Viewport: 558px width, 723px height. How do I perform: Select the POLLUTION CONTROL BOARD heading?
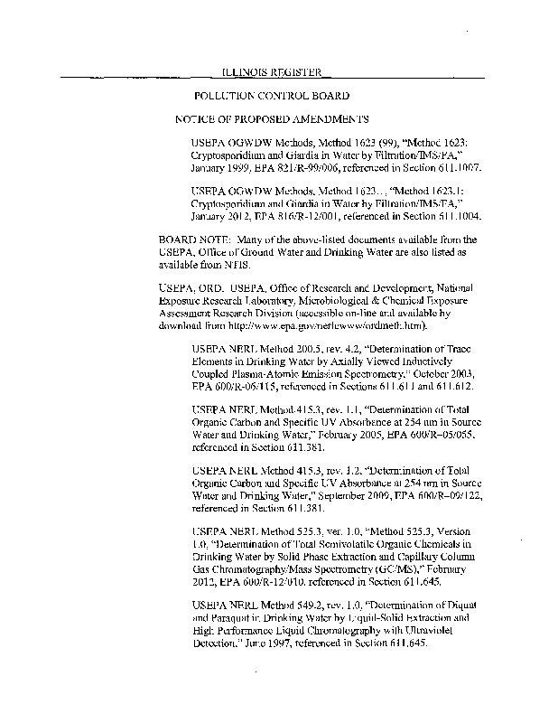[272, 95]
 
